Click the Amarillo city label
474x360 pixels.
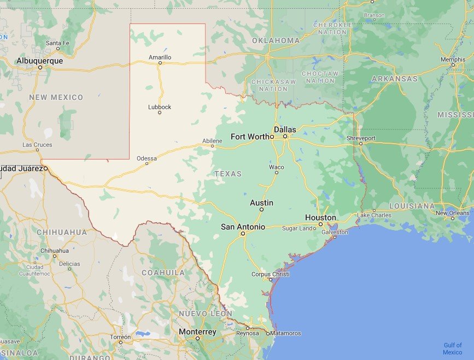(160, 57)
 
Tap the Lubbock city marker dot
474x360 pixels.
(160, 113)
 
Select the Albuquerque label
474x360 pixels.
(39, 61)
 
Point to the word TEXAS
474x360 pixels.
(228, 174)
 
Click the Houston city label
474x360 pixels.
(320, 217)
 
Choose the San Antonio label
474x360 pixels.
(243, 227)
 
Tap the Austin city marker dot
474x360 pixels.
(262, 209)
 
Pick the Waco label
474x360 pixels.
(276, 167)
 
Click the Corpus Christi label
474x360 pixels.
(271, 274)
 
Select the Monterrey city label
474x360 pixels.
(198, 332)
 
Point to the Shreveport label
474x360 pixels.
(361, 138)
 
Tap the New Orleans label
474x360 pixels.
(452, 213)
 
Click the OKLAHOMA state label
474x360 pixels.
(276, 40)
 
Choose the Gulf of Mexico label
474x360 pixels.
(452, 349)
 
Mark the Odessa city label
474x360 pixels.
(147, 158)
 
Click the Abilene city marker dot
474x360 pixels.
(213, 146)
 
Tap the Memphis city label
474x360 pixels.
(453, 59)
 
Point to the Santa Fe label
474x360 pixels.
(57, 43)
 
